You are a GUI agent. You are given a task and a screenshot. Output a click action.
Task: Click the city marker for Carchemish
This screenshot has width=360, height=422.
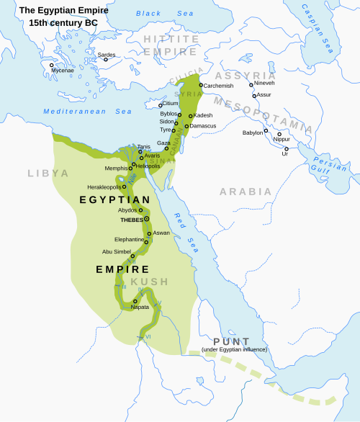[201, 85]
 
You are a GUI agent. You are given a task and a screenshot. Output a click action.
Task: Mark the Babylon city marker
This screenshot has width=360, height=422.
[266, 131]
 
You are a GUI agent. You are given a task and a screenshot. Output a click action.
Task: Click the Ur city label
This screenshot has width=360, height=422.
[285, 153]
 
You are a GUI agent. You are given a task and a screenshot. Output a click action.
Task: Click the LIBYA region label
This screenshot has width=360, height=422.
[48, 174]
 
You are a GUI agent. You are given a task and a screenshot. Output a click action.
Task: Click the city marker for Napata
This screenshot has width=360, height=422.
[135, 301]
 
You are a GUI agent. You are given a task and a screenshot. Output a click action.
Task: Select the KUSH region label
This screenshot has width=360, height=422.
[150, 282]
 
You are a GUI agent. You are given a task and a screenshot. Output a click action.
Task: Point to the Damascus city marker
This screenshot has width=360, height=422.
[186, 127]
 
